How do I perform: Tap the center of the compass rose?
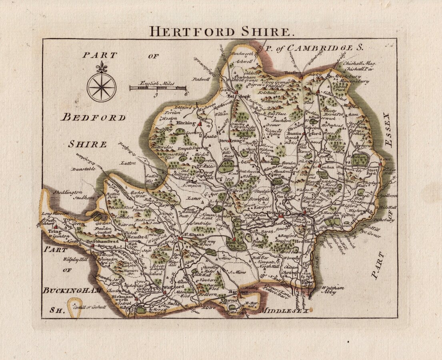(102, 87)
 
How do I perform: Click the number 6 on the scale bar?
(186, 94)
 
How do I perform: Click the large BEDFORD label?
(93, 117)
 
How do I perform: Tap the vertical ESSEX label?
(387, 130)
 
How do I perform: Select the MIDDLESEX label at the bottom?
(284, 310)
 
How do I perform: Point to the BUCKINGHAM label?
(72, 290)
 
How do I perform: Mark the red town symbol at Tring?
(55, 227)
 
